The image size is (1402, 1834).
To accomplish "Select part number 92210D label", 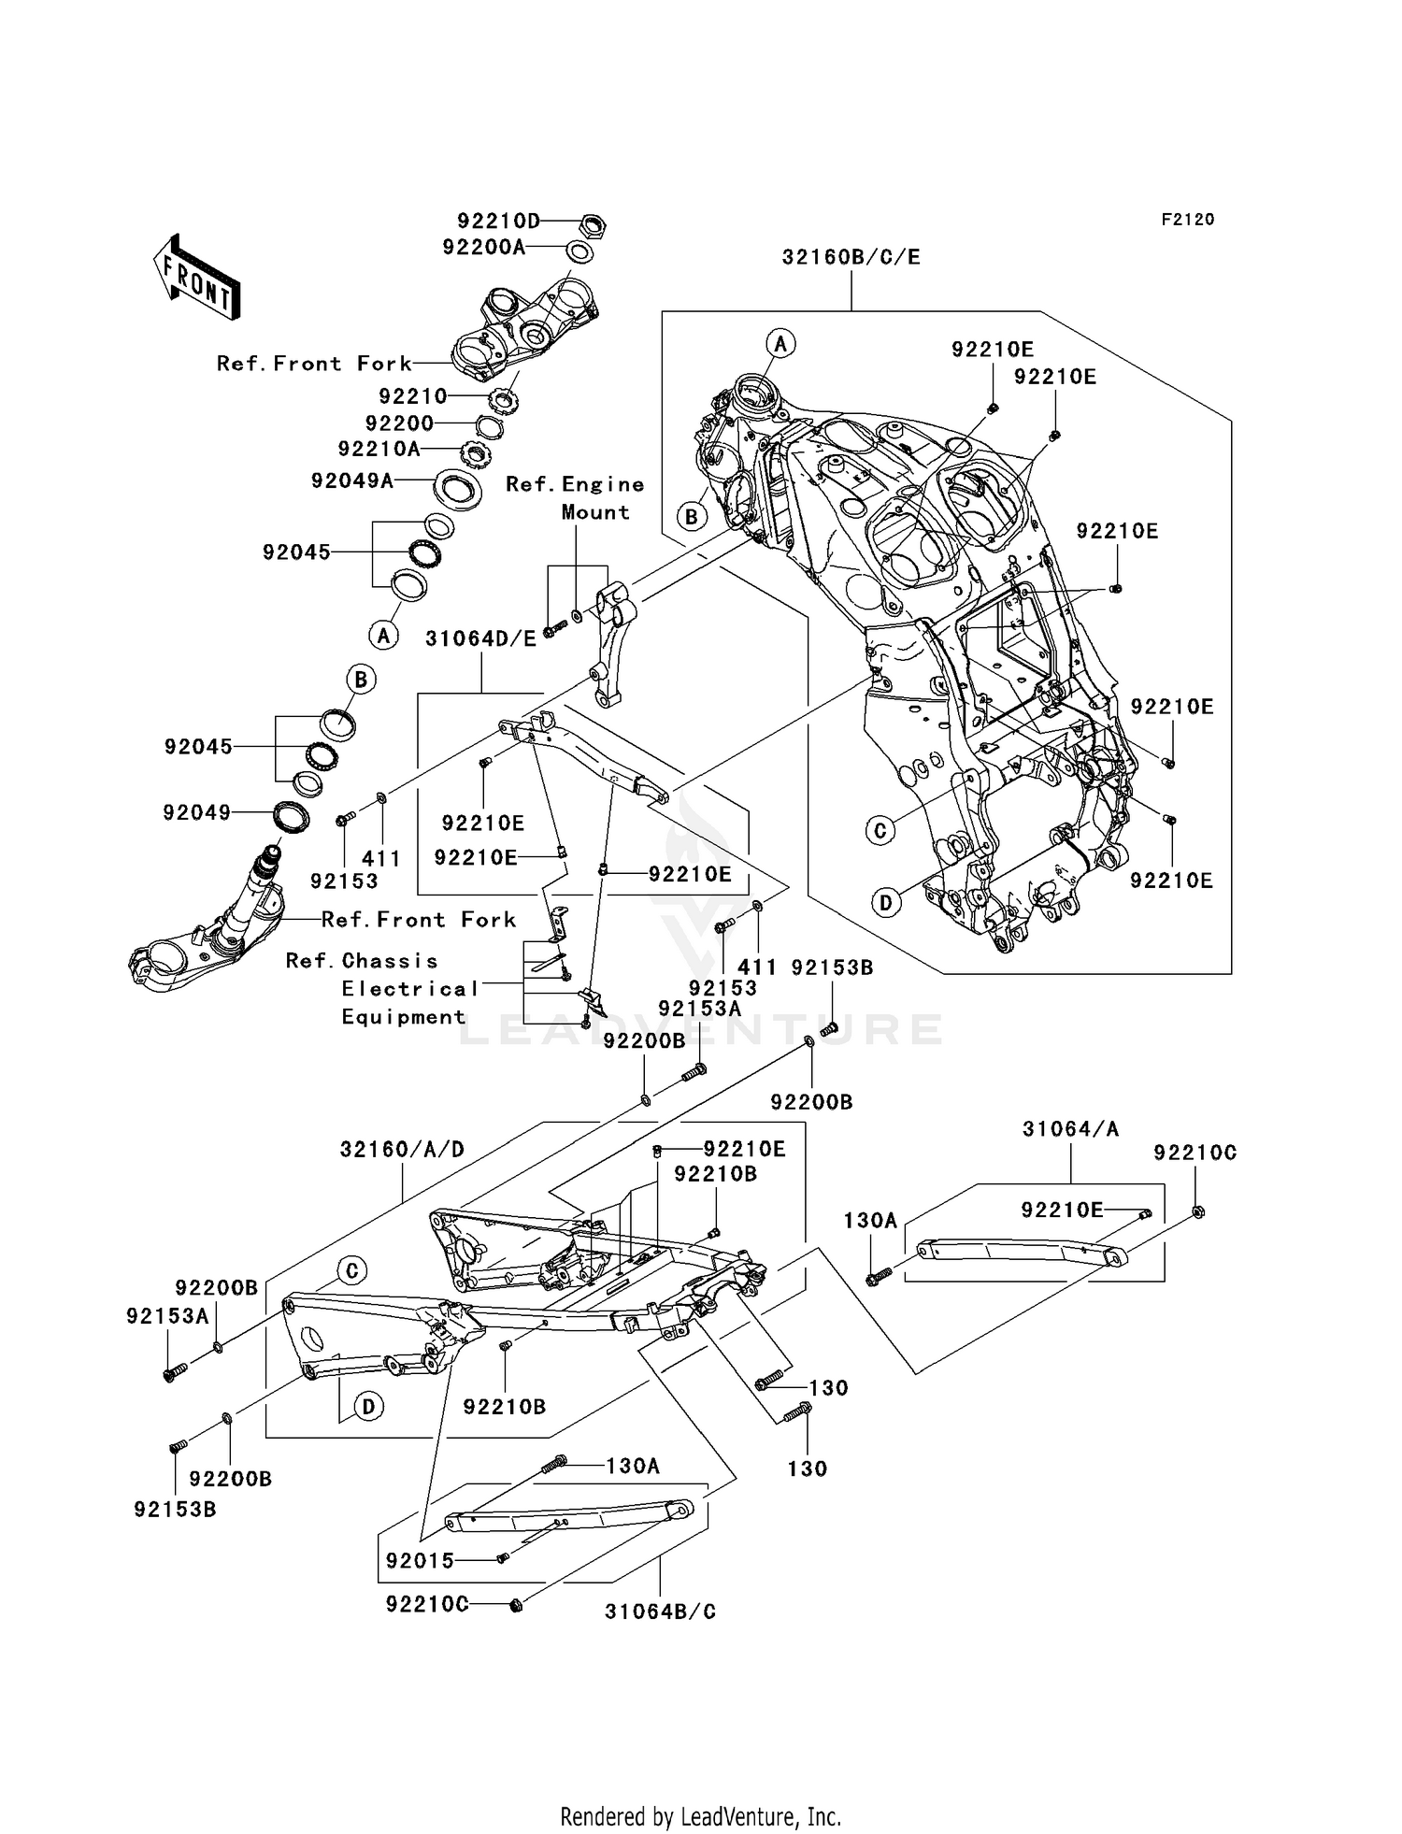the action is point(499,222).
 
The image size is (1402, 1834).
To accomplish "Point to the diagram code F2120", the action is point(1188,220).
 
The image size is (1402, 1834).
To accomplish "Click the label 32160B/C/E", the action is point(851,257).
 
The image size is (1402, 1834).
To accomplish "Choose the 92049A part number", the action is point(352,481).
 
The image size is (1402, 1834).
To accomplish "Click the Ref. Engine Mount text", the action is point(576,498).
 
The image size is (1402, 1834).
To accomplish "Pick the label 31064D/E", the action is point(481,639).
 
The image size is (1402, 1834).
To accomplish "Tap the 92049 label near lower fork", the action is point(196,813).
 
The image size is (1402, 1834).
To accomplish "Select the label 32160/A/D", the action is point(402,1150).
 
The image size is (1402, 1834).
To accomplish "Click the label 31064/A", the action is point(1070,1129).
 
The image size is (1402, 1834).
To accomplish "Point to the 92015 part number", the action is point(420,1561).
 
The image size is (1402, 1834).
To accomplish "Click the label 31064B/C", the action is point(660,1612).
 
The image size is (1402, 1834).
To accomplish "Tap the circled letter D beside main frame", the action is point(886,903).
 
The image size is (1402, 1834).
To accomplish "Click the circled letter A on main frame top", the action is point(781,344).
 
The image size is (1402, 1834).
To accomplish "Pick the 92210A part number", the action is point(379,450).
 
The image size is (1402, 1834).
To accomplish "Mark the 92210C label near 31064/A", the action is point(1195,1153).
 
